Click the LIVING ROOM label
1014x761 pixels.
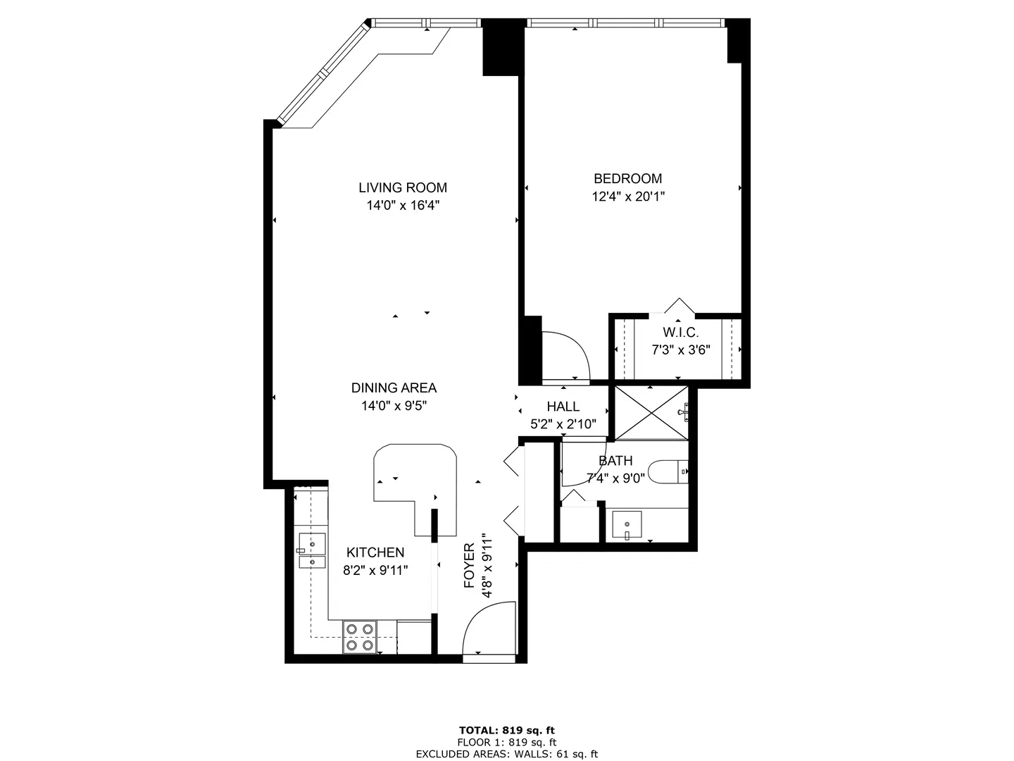pyautogui.click(x=402, y=187)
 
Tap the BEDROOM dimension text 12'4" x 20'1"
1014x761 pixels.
pyautogui.click(x=628, y=197)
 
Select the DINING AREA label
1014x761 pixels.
pyautogui.click(x=394, y=388)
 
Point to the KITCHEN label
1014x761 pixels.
pyautogui.click(x=375, y=552)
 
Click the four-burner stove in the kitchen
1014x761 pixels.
pyautogui.click(x=359, y=636)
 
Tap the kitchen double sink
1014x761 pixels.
pyautogui.click(x=311, y=551)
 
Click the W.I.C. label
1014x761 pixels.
pyautogui.click(x=680, y=333)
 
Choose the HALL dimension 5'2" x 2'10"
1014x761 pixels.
pyautogui.click(x=563, y=424)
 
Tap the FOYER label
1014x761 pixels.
pyautogui.click(x=470, y=566)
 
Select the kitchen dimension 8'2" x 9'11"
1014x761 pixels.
pyautogui.click(x=375, y=571)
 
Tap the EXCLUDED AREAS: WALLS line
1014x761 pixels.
pyautogui.click(x=506, y=754)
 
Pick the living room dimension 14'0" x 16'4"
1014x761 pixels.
pyautogui.click(x=402, y=206)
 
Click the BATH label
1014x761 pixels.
pyautogui.click(x=615, y=461)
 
